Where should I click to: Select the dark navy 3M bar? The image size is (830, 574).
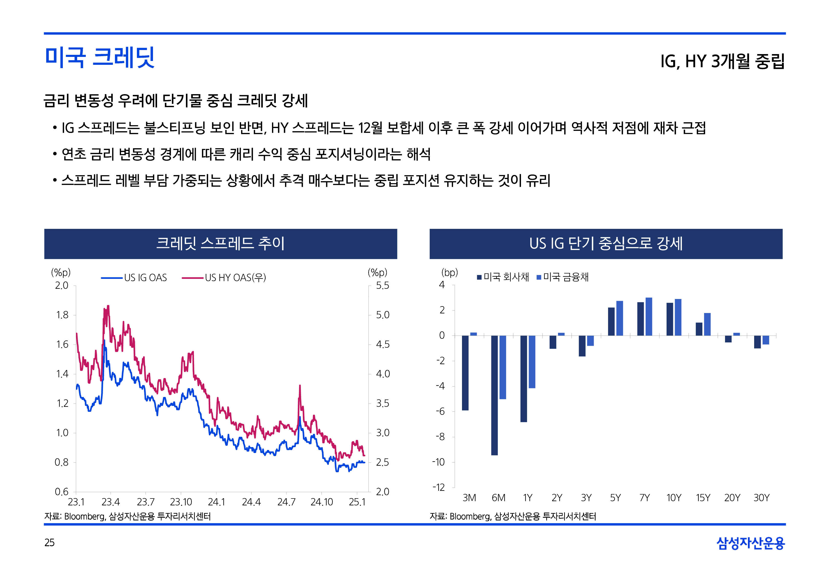(465, 373)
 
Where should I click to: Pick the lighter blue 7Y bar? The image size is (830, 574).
(649, 317)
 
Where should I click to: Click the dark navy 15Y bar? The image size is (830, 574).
(699, 329)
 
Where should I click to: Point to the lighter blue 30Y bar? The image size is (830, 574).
(766, 340)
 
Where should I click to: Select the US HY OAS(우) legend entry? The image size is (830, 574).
(224, 278)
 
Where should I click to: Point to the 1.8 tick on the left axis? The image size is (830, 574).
(62, 315)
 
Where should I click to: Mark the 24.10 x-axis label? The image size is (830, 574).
(322, 502)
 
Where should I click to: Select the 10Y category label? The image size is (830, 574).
(673, 498)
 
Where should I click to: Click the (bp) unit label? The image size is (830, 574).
(449, 273)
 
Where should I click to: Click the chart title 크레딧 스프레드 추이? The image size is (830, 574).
(220, 243)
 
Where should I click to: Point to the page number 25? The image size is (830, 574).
(49, 542)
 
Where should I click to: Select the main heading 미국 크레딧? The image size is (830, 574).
(100, 58)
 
